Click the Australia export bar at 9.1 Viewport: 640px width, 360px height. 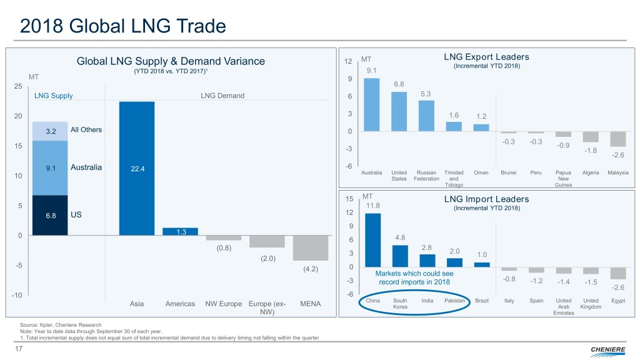tap(371, 104)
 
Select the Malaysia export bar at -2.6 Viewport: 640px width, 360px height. tap(618, 139)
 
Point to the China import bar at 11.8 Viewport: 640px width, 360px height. tap(372, 240)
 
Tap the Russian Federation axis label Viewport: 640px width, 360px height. tap(426, 175)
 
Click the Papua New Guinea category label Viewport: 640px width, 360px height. tap(563, 178)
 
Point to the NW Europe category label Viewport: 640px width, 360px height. tap(223, 304)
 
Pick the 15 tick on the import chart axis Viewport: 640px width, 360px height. tap(349, 199)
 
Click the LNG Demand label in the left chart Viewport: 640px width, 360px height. tap(222, 96)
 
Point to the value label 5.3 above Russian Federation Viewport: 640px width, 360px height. tap(426, 94)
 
